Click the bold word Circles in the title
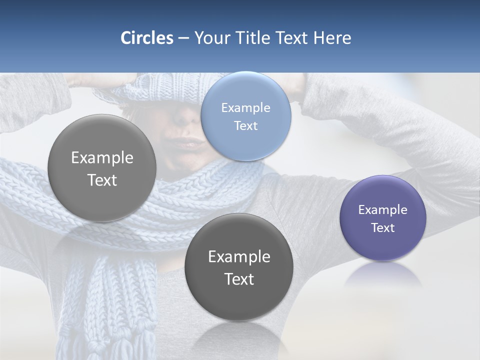pos(146,38)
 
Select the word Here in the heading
pos(332,38)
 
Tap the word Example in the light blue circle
pos(245,107)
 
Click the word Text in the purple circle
pos(382,228)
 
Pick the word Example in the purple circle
pos(382,209)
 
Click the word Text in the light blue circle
pos(245,125)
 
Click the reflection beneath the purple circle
pos(382,275)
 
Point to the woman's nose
pos(186,117)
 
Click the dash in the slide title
pos(183,38)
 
